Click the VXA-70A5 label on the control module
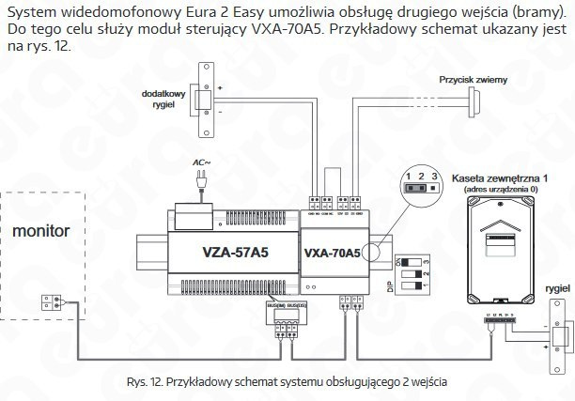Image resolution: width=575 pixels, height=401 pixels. tap(332, 253)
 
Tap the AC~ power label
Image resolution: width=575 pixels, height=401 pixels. tap(202, 162)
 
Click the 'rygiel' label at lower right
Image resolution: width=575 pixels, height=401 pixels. tap(555, 290)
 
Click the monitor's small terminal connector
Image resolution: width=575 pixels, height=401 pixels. tap(52, 301)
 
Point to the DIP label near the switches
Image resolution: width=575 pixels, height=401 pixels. tap(390, 283)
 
